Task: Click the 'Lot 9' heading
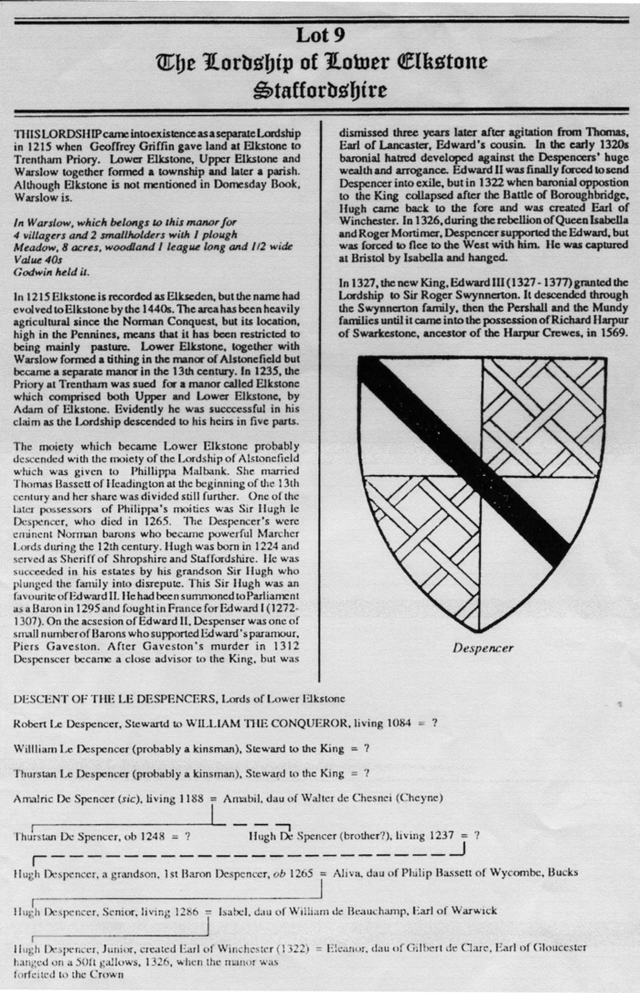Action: click(320, 36)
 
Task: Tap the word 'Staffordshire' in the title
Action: click(320, 90)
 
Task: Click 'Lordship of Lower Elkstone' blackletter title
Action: click(320, 63)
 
